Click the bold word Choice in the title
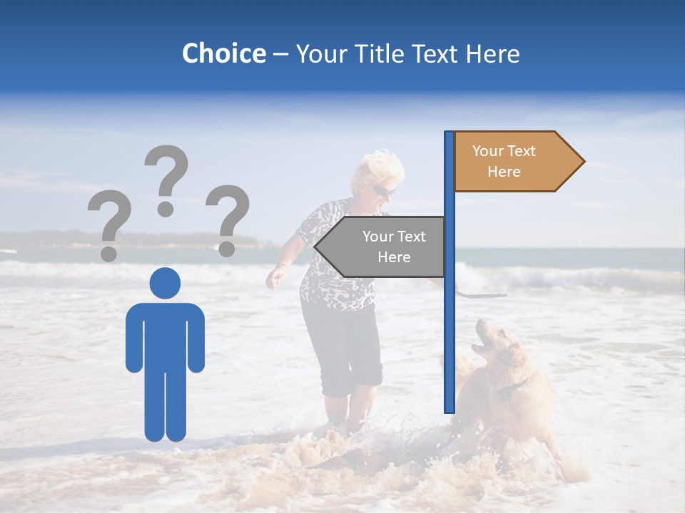[x=223, y=53]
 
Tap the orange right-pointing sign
[x=514, y=162]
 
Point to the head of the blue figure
[x=165, y=283]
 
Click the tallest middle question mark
[x=166, y=178]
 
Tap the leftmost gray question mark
[x=108, y=224]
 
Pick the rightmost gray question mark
[x=228, y=219]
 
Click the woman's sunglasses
[x=382, y=191]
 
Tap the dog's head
[x=490, y=341]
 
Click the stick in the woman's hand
[x=482, y=293]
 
